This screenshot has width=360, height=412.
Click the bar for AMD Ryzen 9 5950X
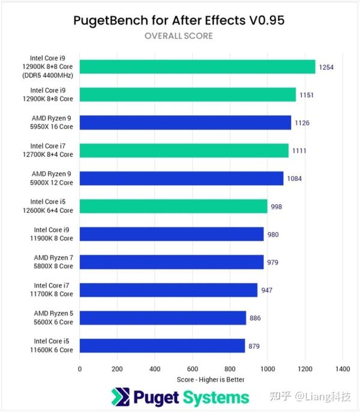coord(185,123)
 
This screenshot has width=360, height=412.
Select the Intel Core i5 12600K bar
coord(173,206)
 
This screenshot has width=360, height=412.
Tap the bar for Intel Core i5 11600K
coord(162,346)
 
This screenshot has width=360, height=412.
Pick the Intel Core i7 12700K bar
coord(184,151)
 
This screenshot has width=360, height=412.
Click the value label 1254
coord(326,67)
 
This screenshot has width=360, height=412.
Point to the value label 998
coord(276,207)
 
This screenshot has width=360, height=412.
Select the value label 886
coord(255,318)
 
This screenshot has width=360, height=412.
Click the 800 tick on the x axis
coord(230,369)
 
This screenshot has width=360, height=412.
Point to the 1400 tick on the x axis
coord(343,369)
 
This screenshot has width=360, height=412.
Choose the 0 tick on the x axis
coord(79,369)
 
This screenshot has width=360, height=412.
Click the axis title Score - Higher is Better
coord(211,380)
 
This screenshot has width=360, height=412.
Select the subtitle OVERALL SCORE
coord(178,36)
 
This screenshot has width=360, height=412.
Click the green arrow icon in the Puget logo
coord(120,397)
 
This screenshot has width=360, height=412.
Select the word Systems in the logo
coord(217,397)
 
